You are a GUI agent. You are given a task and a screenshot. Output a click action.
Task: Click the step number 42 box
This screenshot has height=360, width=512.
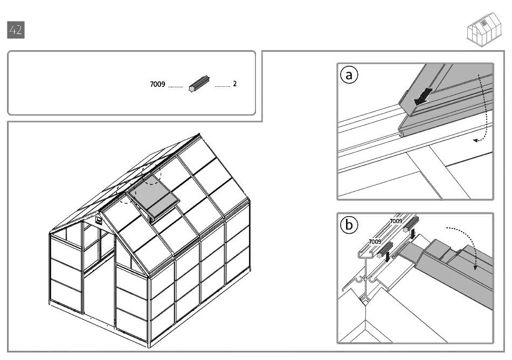coord(16,30)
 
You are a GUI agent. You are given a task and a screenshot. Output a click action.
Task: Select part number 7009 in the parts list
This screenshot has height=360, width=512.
coord(157,85)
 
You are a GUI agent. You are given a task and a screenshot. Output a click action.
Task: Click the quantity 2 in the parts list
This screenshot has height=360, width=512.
coord(235,84)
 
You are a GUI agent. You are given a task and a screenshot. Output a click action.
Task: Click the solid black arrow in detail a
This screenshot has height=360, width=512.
coord(423,96)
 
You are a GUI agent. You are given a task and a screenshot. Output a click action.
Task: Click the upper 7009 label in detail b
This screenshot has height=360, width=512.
coord(396,221)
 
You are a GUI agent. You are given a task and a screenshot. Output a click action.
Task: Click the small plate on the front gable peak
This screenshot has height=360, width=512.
coord(99,219)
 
